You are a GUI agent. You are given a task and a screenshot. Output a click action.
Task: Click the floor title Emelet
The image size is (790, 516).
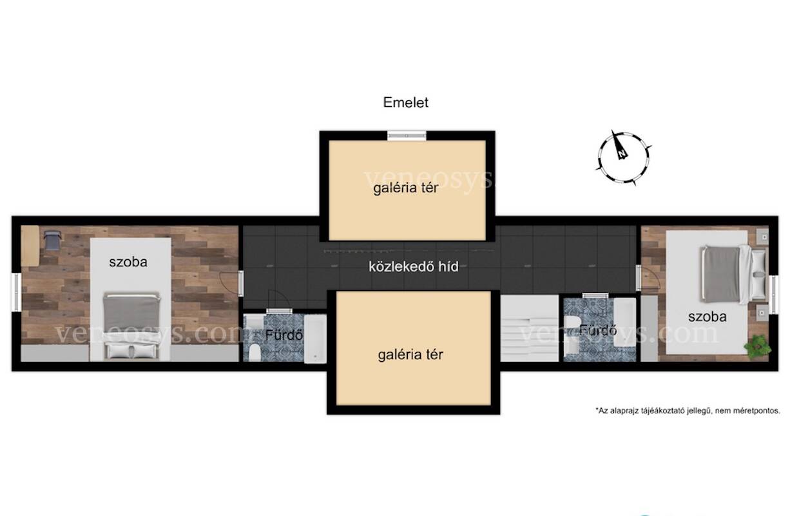click(x=405, y=103)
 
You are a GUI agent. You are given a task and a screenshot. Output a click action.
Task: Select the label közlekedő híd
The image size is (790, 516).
click(x=414, y=266)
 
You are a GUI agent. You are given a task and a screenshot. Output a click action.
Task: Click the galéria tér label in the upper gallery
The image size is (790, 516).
click(x=405, y=188)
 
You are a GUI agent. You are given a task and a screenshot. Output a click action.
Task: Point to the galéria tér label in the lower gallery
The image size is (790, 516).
click(x=410, y=355)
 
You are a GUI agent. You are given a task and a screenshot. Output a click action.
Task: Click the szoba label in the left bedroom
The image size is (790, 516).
click(x=128, y=262)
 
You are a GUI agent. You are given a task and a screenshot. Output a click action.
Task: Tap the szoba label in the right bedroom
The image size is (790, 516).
click(x=708, y=317)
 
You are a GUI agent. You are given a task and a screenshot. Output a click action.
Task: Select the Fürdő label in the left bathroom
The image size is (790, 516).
click(x=284, y=335)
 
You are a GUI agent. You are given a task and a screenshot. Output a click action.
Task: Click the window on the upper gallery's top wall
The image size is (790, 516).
click(x=407, y=135)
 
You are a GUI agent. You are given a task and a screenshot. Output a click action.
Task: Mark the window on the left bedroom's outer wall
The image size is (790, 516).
click(x=16, y=292)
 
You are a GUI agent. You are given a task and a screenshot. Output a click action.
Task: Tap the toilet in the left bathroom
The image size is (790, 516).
click(x=255, y=353)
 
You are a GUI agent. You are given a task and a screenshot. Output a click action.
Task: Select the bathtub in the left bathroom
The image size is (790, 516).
click(x=315, y=339)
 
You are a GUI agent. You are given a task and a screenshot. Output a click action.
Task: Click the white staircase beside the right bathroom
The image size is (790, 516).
click(x=530, y=328)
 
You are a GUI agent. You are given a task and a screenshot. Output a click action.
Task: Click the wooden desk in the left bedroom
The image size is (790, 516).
click(x=30, y=246)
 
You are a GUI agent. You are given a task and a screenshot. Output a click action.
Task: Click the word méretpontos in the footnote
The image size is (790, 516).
click(x=761, y=411)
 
